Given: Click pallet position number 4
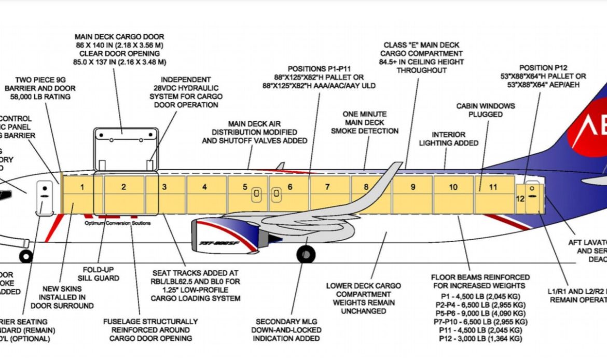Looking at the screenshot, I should click(x=204, y=187).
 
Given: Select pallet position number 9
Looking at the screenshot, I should click(x=413, y=187).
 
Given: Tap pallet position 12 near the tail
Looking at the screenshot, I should click(x=520, y=198).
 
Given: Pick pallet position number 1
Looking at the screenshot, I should click(x=82, y=187).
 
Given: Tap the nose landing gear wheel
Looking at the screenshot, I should click(x=25, y=256).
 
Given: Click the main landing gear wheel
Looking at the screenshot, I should click(x=306, y=254).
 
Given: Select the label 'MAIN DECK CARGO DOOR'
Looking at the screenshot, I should click(x=119, y=37).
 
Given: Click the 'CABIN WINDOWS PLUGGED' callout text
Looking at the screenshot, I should click(x=486, y=110).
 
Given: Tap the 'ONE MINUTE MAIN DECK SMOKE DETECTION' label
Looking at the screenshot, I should click(x=365, y=122).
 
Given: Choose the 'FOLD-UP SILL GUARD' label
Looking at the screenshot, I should click(x=101, y=274).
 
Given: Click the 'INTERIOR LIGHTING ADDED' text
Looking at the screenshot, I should click(x=449, y=139).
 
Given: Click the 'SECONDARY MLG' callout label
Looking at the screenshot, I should click(x=286, y=322).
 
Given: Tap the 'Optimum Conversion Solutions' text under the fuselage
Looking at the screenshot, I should click(x=118, y=223).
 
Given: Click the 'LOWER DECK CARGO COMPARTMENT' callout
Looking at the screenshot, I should click(x=364, y=294).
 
